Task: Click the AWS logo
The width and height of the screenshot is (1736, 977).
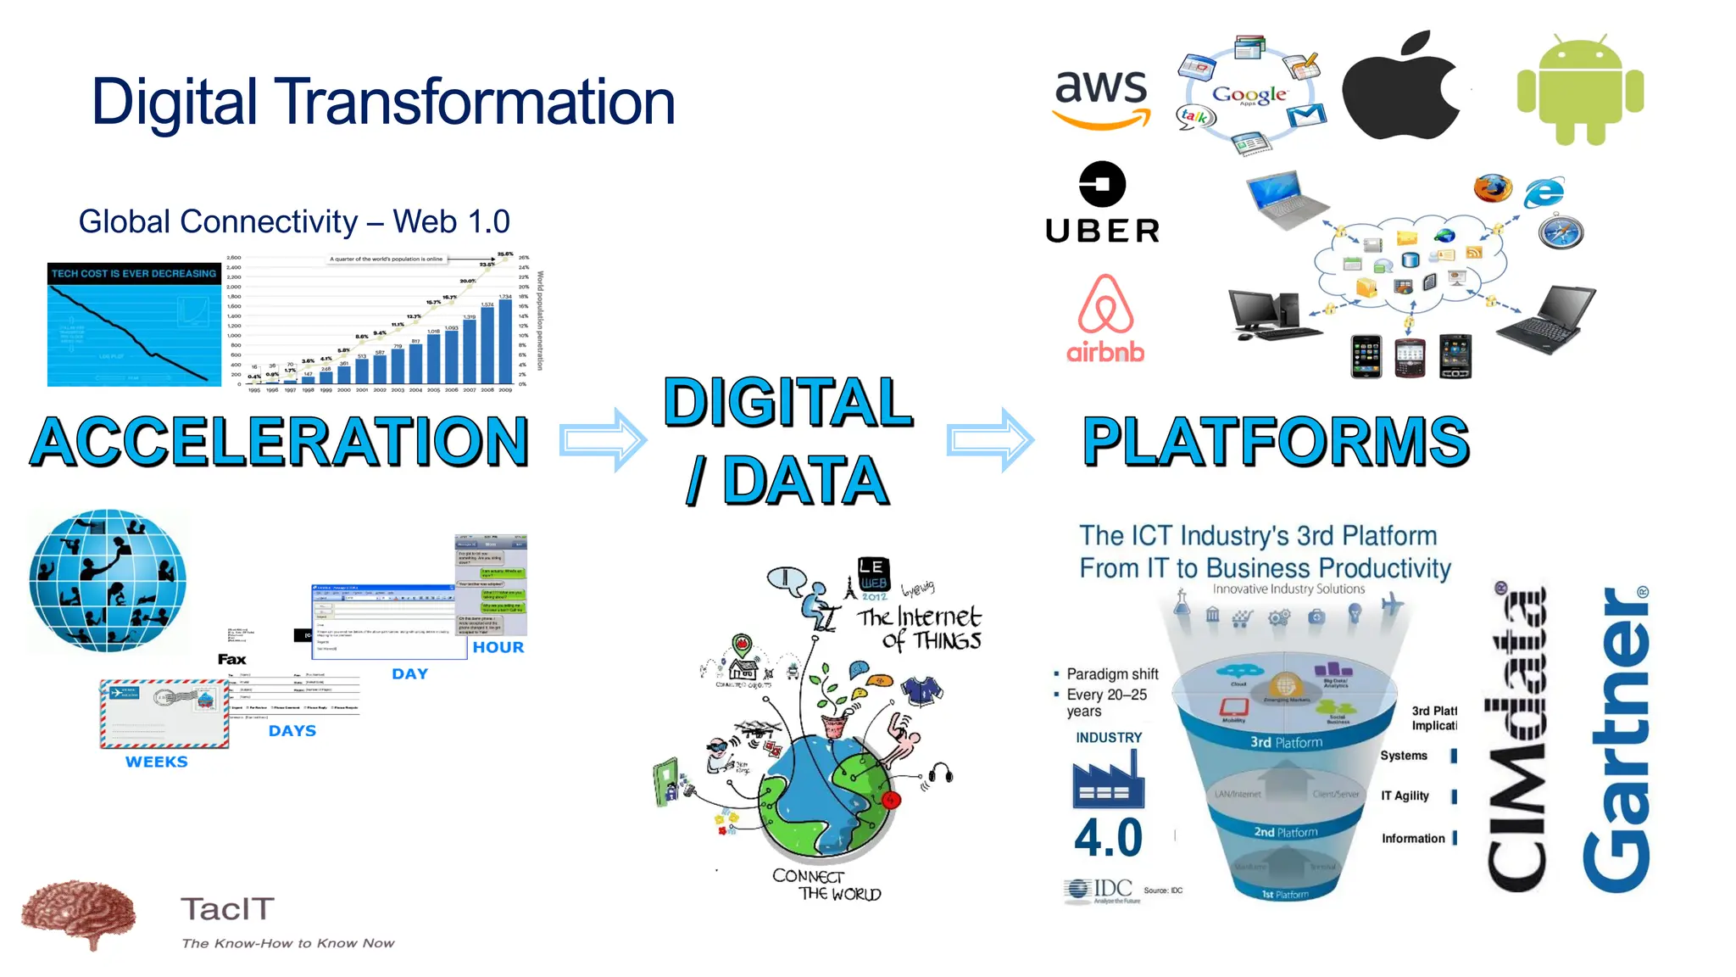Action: click(1101, 98)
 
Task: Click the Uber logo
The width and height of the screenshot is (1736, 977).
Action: click(1102, 204)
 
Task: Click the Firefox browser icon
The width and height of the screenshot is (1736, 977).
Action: click(1492, 188)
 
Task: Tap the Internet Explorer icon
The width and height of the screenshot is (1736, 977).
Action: click(1544, 193)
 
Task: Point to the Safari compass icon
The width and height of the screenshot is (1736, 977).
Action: click(1561, 232)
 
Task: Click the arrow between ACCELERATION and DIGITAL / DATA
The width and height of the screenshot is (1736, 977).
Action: click(603, 439)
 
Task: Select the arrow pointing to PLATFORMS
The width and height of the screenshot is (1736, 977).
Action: click(989, 439)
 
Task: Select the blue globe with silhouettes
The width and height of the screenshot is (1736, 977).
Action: click(108, 580)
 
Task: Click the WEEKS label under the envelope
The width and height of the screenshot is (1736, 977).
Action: click(157, 762)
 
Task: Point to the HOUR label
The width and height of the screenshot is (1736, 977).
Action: click(498, 647)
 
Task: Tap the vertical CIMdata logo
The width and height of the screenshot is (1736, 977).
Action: click(1517, 738)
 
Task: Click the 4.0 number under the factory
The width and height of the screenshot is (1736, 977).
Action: click(1108, 838)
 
